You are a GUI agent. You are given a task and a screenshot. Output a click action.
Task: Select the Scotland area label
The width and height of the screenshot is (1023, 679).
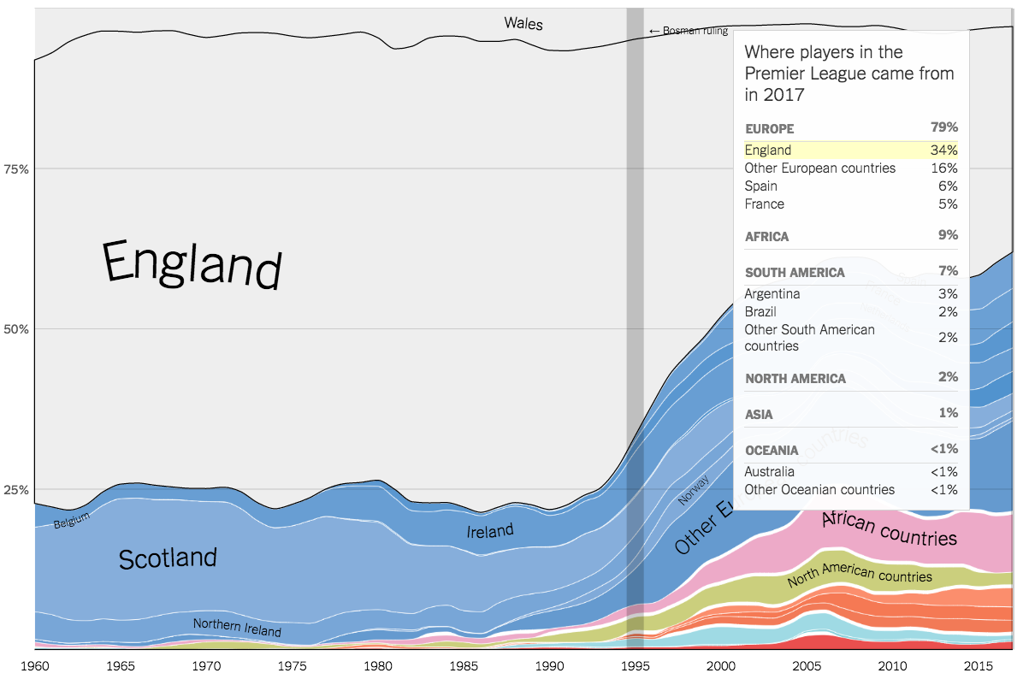click(x=168, y=558)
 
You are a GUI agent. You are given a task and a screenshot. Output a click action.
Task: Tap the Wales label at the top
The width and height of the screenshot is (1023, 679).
click(x=523, y=23)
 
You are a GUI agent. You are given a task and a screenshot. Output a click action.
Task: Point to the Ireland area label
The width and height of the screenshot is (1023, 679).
click(x=490, y=531)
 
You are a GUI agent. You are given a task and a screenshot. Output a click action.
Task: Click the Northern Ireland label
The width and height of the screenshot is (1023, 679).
click(x=237, y=628)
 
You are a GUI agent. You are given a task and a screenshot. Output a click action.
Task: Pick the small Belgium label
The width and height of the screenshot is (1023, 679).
click(x=71, y=520)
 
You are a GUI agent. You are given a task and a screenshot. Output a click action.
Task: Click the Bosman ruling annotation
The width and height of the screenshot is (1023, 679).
click(x=689, y=31)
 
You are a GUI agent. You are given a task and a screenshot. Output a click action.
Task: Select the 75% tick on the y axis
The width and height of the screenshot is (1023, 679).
click(x=17, y=169)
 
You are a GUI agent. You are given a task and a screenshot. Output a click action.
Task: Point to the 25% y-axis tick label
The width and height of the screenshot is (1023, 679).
click(x=17, y=490)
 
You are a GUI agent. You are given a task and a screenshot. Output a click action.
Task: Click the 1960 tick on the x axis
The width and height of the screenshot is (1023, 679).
click(x=35, y=665)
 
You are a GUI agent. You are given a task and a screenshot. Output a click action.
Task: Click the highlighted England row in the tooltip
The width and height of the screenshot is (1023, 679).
click(x=851, y=151)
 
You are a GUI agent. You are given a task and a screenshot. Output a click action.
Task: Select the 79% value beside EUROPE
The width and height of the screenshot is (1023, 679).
click(x=944, y=127)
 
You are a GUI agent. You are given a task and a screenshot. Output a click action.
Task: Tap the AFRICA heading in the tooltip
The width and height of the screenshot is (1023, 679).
click(x=767, y=236)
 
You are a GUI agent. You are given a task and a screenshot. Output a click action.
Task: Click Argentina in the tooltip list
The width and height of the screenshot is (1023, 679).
click(x=772, y=294)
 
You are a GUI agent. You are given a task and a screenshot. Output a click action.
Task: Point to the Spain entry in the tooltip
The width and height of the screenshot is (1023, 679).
click(x=761, y=186)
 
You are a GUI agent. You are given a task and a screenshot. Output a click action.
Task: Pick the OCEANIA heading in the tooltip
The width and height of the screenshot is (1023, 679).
click(x=772, y=450)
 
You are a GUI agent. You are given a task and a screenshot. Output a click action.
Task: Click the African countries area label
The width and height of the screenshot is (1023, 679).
click(x=889, y=529)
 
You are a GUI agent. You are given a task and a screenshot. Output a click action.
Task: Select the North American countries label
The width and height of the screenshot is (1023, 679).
click(x=859, y=575)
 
